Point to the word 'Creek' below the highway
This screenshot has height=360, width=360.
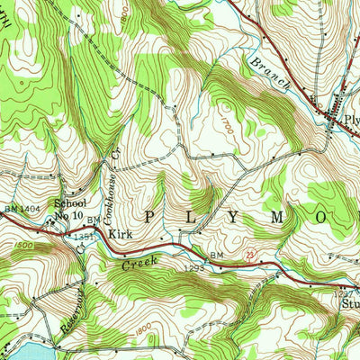[x=139, y=262]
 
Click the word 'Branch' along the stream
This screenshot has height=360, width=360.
[x=271, y=76]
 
